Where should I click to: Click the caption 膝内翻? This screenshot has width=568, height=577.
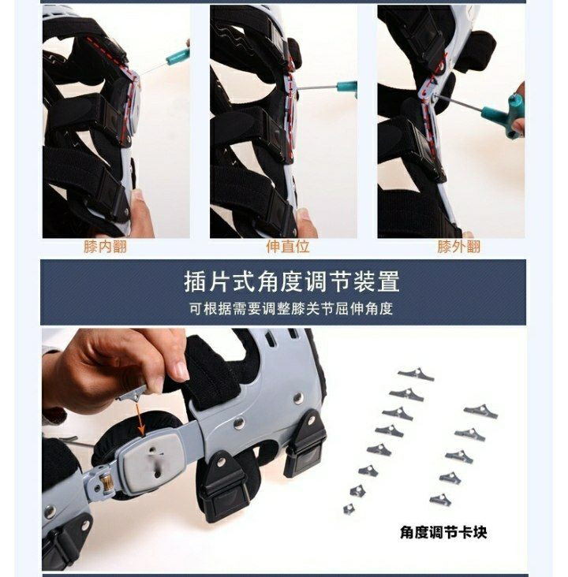click(105, 247)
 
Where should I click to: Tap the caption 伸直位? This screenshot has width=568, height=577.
click(288, 247)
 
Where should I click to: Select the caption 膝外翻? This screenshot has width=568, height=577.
click(458, 247)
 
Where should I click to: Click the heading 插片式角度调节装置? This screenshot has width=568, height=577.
click(291, 282)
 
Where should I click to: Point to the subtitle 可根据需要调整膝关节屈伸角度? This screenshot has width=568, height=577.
click(291, 309)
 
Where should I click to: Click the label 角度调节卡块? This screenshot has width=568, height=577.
click(443, 533)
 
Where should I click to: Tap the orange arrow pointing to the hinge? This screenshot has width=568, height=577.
click(139, 419)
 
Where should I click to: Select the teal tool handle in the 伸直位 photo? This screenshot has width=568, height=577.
click(346, 88)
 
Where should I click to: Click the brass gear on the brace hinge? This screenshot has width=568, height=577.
click(107, 482)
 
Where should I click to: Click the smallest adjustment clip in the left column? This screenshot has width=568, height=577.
click(349, 509)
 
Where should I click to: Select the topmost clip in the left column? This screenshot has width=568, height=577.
click(417, 374)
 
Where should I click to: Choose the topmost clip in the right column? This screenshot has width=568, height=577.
click(480, 411)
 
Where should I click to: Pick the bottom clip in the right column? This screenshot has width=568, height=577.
click(440, 499)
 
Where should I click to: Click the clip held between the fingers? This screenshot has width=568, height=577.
click(133, 394)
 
